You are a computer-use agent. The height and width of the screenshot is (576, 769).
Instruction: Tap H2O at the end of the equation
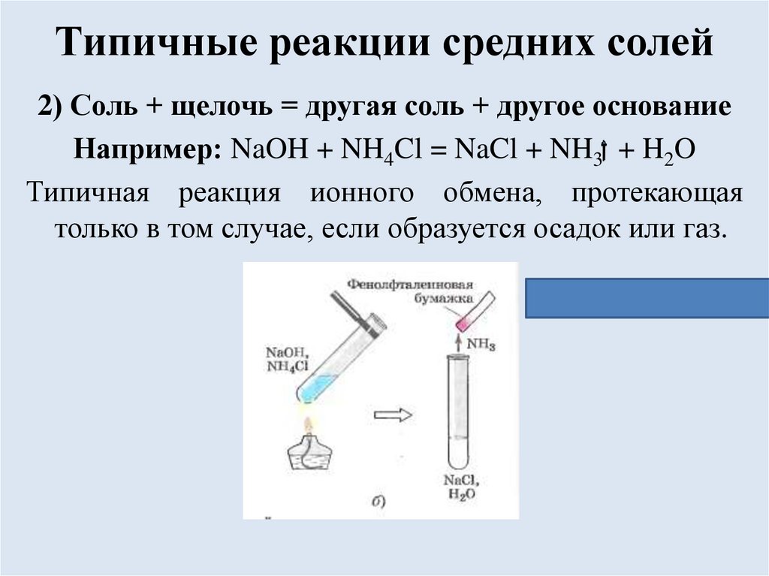coord(669,149)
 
